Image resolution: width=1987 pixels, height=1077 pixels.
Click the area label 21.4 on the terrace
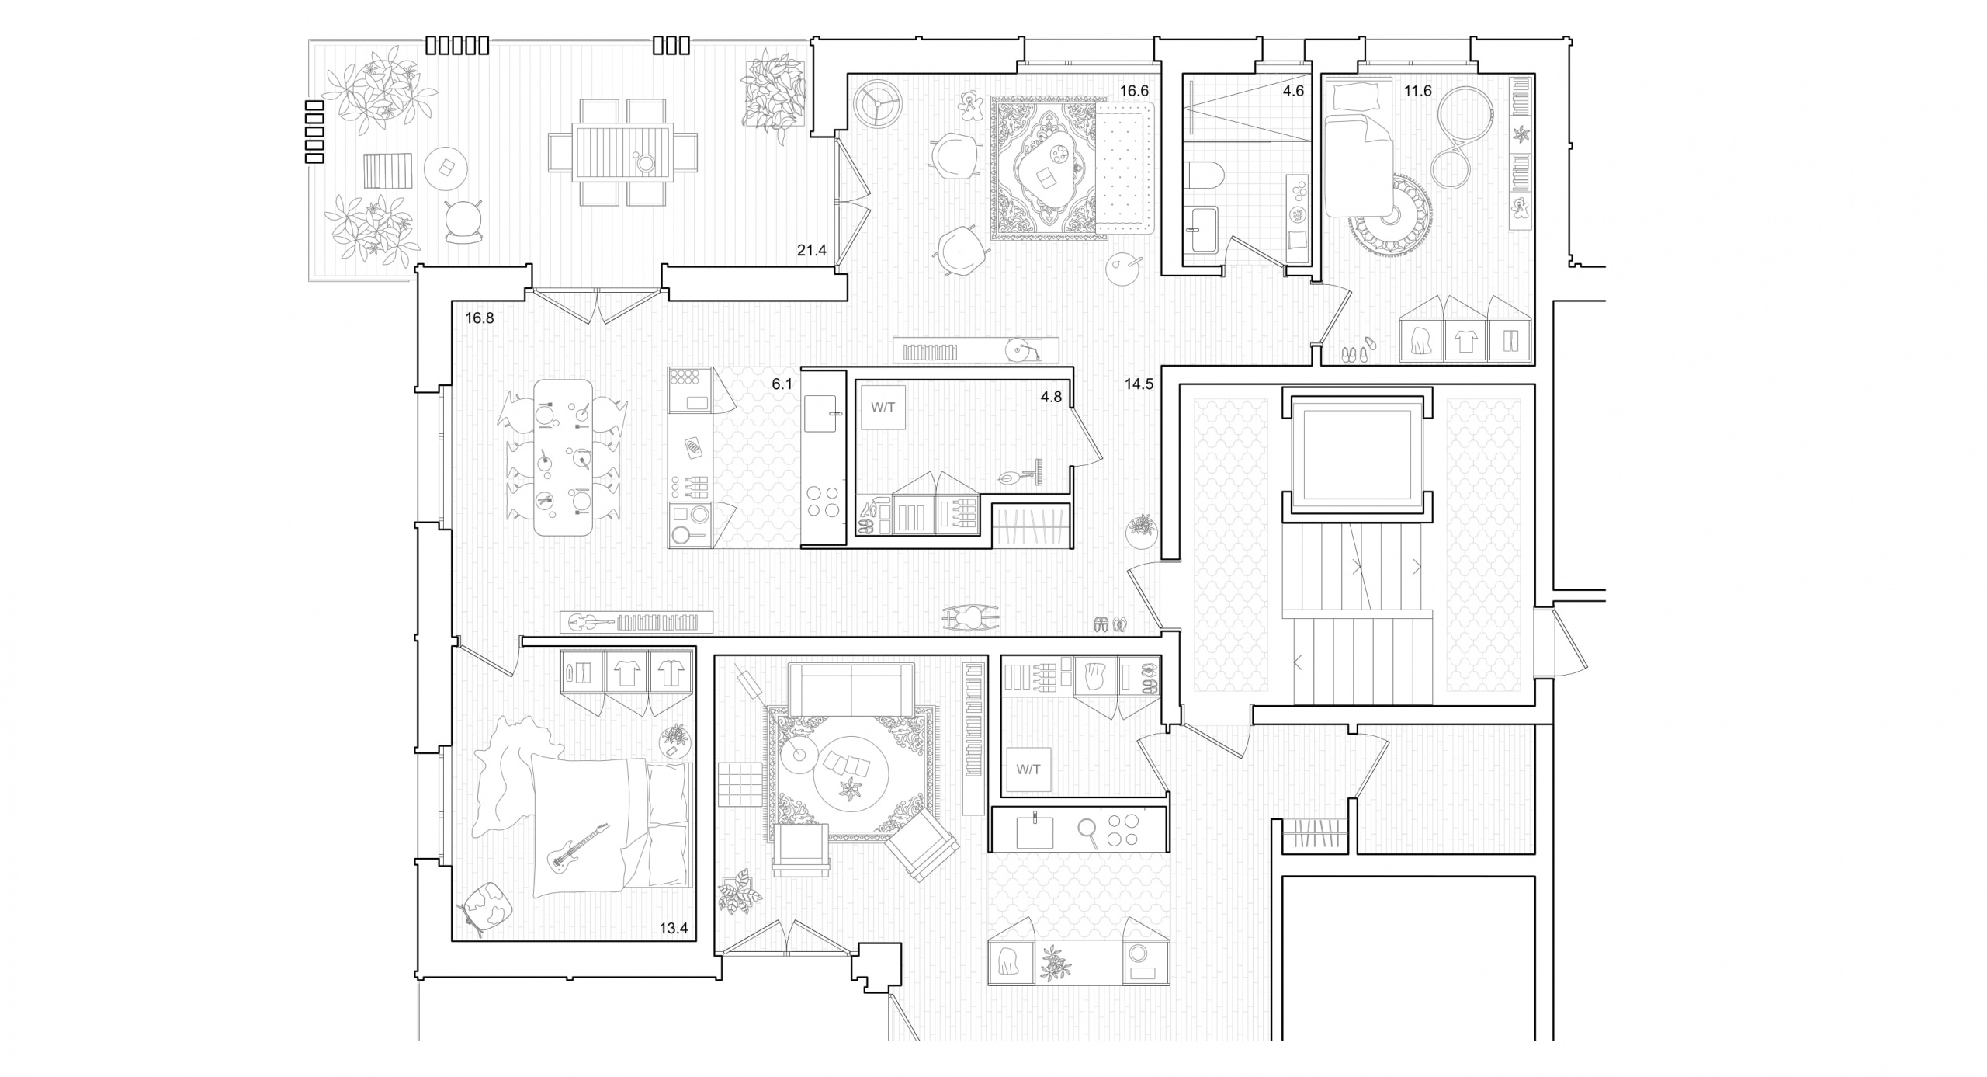pos(812,251)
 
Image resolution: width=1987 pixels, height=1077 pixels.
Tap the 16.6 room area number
pos(1133,91)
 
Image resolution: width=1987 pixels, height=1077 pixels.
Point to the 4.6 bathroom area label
pos(1293,91)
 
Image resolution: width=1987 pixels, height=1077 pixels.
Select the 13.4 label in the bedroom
pos(674,928)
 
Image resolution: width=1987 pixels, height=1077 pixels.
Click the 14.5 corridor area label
pos(1139,384)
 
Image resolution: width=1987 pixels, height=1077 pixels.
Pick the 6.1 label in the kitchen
pos(782,384)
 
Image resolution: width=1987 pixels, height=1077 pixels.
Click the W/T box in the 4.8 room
pos(883,407)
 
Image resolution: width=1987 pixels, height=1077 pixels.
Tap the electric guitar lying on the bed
pos(578,848)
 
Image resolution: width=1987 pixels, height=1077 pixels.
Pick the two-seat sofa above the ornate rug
pos(851,689)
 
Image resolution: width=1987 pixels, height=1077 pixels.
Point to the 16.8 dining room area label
pos(480,318)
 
